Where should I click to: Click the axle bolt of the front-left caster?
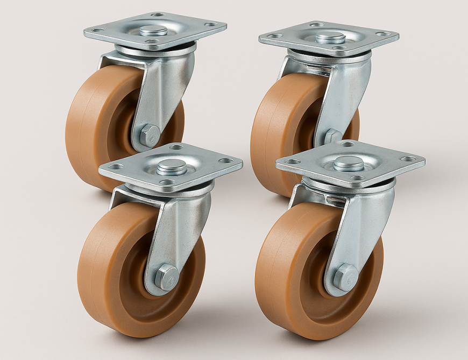pyautogui.click(x=166, y=277)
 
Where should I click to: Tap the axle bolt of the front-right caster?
pyautogui.click(x=345, y=277)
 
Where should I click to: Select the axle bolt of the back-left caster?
pyautogui.click(x=149, y=135)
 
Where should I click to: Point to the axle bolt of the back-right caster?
pyautogui.click(x=332, y=136)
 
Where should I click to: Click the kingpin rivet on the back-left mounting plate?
pyautogui.click(x=153, y=30)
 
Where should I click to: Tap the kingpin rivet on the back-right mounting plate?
pyautogui.click(x=330, y=37)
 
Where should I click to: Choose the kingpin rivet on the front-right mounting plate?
pyautogui.click(x=349, y=163)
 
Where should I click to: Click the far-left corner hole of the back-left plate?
pyautogui.click(x=95, y=31)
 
